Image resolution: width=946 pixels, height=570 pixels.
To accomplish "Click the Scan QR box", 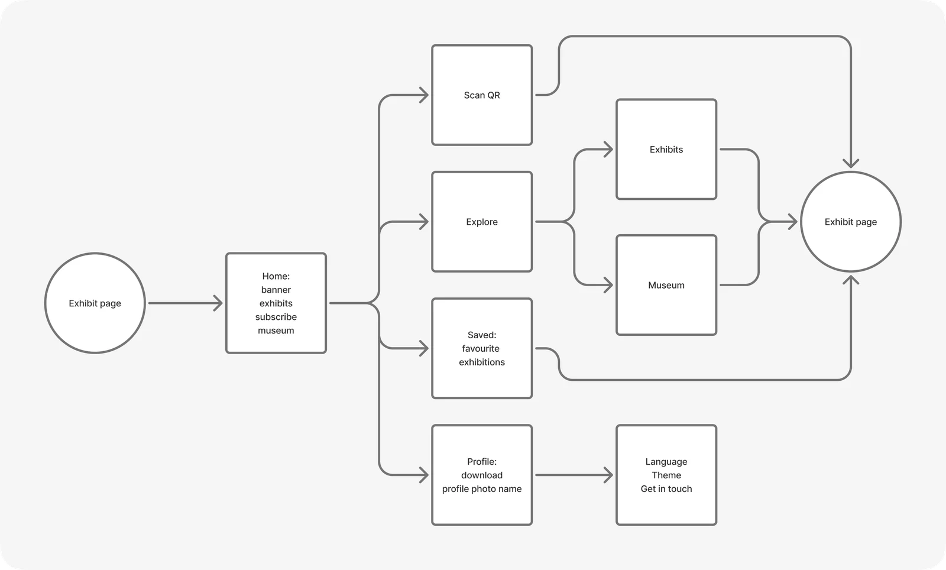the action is click(x=482, y=95).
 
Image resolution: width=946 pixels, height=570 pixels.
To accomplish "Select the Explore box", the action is click(x=482, y=222).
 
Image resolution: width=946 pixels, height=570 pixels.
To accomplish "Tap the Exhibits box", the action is click(x=666, y=149).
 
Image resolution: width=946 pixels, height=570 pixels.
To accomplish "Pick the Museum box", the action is click(x=666, y=285).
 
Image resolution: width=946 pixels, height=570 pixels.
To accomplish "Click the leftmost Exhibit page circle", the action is click(x=95, y=303).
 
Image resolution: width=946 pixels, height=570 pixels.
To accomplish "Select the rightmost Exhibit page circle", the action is click(x=851, y=222).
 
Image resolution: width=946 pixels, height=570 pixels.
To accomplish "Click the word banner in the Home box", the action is click(x=276, y=290).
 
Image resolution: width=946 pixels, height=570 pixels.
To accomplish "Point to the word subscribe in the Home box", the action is click(x=276, y=317).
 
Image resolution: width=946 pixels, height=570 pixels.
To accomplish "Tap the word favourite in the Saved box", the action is click(x=481, y=348).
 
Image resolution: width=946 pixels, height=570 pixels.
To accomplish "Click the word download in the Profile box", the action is click(x=482, y=475).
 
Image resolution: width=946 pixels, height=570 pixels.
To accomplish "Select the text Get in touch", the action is click(x=666, y=488).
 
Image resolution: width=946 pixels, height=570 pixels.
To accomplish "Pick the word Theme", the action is click(x=666, y=475).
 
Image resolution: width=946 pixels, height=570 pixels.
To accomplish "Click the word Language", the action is click(x=666, y=461).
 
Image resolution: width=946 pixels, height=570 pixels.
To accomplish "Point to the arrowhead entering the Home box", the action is click(x=218, y=303).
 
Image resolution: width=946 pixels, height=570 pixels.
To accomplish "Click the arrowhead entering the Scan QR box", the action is click(x=424, y=95).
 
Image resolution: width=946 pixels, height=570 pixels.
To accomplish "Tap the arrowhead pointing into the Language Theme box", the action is click(x=608, y=475).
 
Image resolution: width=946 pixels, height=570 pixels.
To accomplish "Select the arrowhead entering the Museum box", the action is click(x=608, y=285).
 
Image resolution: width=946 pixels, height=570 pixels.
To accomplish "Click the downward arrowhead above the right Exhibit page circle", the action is click(x=851, y=163).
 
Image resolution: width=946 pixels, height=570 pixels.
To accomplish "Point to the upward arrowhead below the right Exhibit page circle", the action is click(x=851, y=280).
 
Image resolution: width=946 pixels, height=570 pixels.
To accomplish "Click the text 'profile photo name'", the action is click(x=482, y=488).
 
